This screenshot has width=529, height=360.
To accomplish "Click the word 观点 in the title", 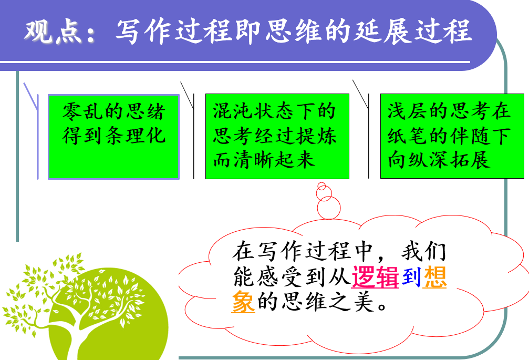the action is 53,32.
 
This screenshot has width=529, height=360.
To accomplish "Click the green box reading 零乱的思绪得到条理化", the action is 113,137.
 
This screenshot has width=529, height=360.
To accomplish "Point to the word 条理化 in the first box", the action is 136,136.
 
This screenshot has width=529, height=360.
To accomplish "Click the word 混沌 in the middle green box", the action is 233,111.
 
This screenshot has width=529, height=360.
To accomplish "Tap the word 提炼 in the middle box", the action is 316,136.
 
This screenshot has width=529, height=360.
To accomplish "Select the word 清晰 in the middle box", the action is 254,160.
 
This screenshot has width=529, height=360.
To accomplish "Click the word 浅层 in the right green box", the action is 408,111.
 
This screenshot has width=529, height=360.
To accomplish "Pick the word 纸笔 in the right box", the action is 408,136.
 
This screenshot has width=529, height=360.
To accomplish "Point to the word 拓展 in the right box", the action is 470,160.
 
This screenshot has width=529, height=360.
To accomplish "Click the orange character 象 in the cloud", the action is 243,302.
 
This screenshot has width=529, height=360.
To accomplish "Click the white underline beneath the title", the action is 235,62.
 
